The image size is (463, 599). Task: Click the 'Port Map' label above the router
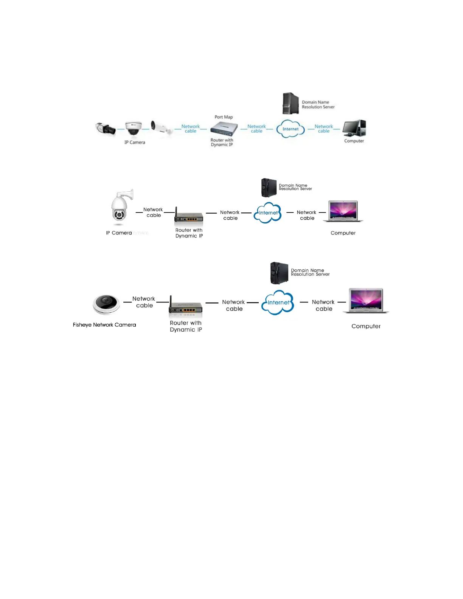click(x=224, y=117)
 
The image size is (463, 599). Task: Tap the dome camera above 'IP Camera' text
click(x=134, y=129)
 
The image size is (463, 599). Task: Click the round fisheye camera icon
click(x=106, y=304)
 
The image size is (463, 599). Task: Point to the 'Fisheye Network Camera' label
click(x=104, y=325)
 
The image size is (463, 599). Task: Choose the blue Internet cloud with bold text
click(x=290, y=129)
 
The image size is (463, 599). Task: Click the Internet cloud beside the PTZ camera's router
click(x=268, y=213)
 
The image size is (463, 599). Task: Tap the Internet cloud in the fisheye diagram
click(x=278, y=302)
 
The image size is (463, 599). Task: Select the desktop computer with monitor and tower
click(x=354, y=128)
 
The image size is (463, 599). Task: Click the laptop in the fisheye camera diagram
click(x=366, y=301)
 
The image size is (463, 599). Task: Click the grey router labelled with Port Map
click(x=224, y=129)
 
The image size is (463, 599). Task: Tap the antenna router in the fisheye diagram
click(x=185, y=307)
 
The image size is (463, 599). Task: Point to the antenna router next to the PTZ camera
click(x=189, y=216)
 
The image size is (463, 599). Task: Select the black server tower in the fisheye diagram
click(x=279, y=273)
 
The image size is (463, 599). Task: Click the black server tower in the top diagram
click(x=291, y=103)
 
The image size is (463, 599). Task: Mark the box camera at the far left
click(x=105, y=128)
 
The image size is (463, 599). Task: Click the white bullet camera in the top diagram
click(x=161, y=127)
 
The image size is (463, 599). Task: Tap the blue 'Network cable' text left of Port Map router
click(x=190, y=129)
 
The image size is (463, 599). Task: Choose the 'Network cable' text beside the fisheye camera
click(x=144, y=302)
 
